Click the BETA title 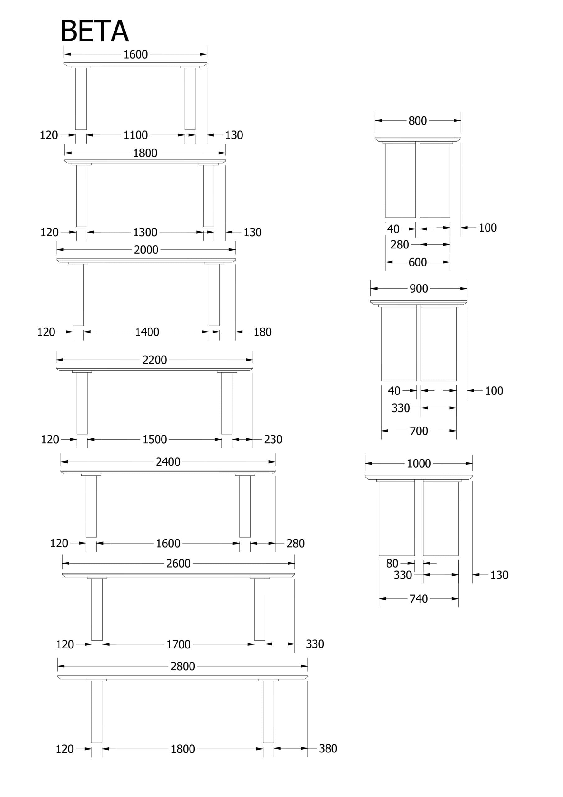click(95, 31)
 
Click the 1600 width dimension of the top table click(135, 54)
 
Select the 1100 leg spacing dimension click(135, 135)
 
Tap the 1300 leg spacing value click(145, 232)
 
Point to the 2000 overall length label click(146, 250)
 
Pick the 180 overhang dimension click(262, 332)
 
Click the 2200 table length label click(154, 360)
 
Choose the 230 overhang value click(273, 440)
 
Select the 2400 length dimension click(168, 462)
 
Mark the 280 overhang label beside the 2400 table click(295, 543)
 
